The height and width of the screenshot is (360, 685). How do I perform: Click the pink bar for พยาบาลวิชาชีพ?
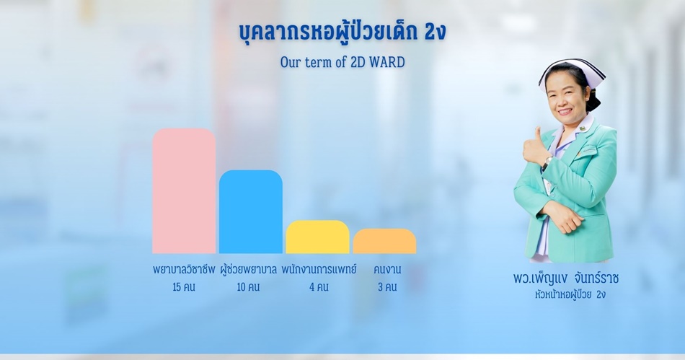[x=184, y=191]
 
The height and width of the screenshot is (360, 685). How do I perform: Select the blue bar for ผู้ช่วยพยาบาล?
[x=251, y=212]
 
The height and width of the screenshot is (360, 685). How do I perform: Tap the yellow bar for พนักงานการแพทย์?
[x=317, y=237]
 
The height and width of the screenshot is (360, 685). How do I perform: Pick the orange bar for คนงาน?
[x=384, y=241]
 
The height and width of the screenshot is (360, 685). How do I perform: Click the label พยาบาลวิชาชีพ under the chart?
[x=184, y=270]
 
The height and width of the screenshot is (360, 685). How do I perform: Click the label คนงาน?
[x=387, y=270]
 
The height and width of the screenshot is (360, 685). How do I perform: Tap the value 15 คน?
[x=183, y=287]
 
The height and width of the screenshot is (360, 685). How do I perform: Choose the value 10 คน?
[x=248, y=287]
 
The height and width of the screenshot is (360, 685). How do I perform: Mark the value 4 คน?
[x=319, y=287]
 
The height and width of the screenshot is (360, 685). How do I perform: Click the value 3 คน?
[x=387, y=287]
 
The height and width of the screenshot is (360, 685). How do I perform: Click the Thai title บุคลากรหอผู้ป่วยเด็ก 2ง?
[x=342, y=32]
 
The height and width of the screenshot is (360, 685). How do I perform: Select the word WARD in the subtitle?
[x=387, y=63]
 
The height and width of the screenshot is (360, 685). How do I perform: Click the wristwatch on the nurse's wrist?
[x=546, y=163]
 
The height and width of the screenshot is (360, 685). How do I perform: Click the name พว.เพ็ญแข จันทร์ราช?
[x=566, y=278]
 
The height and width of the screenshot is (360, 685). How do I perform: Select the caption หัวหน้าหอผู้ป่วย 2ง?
[x=570, y=294]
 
